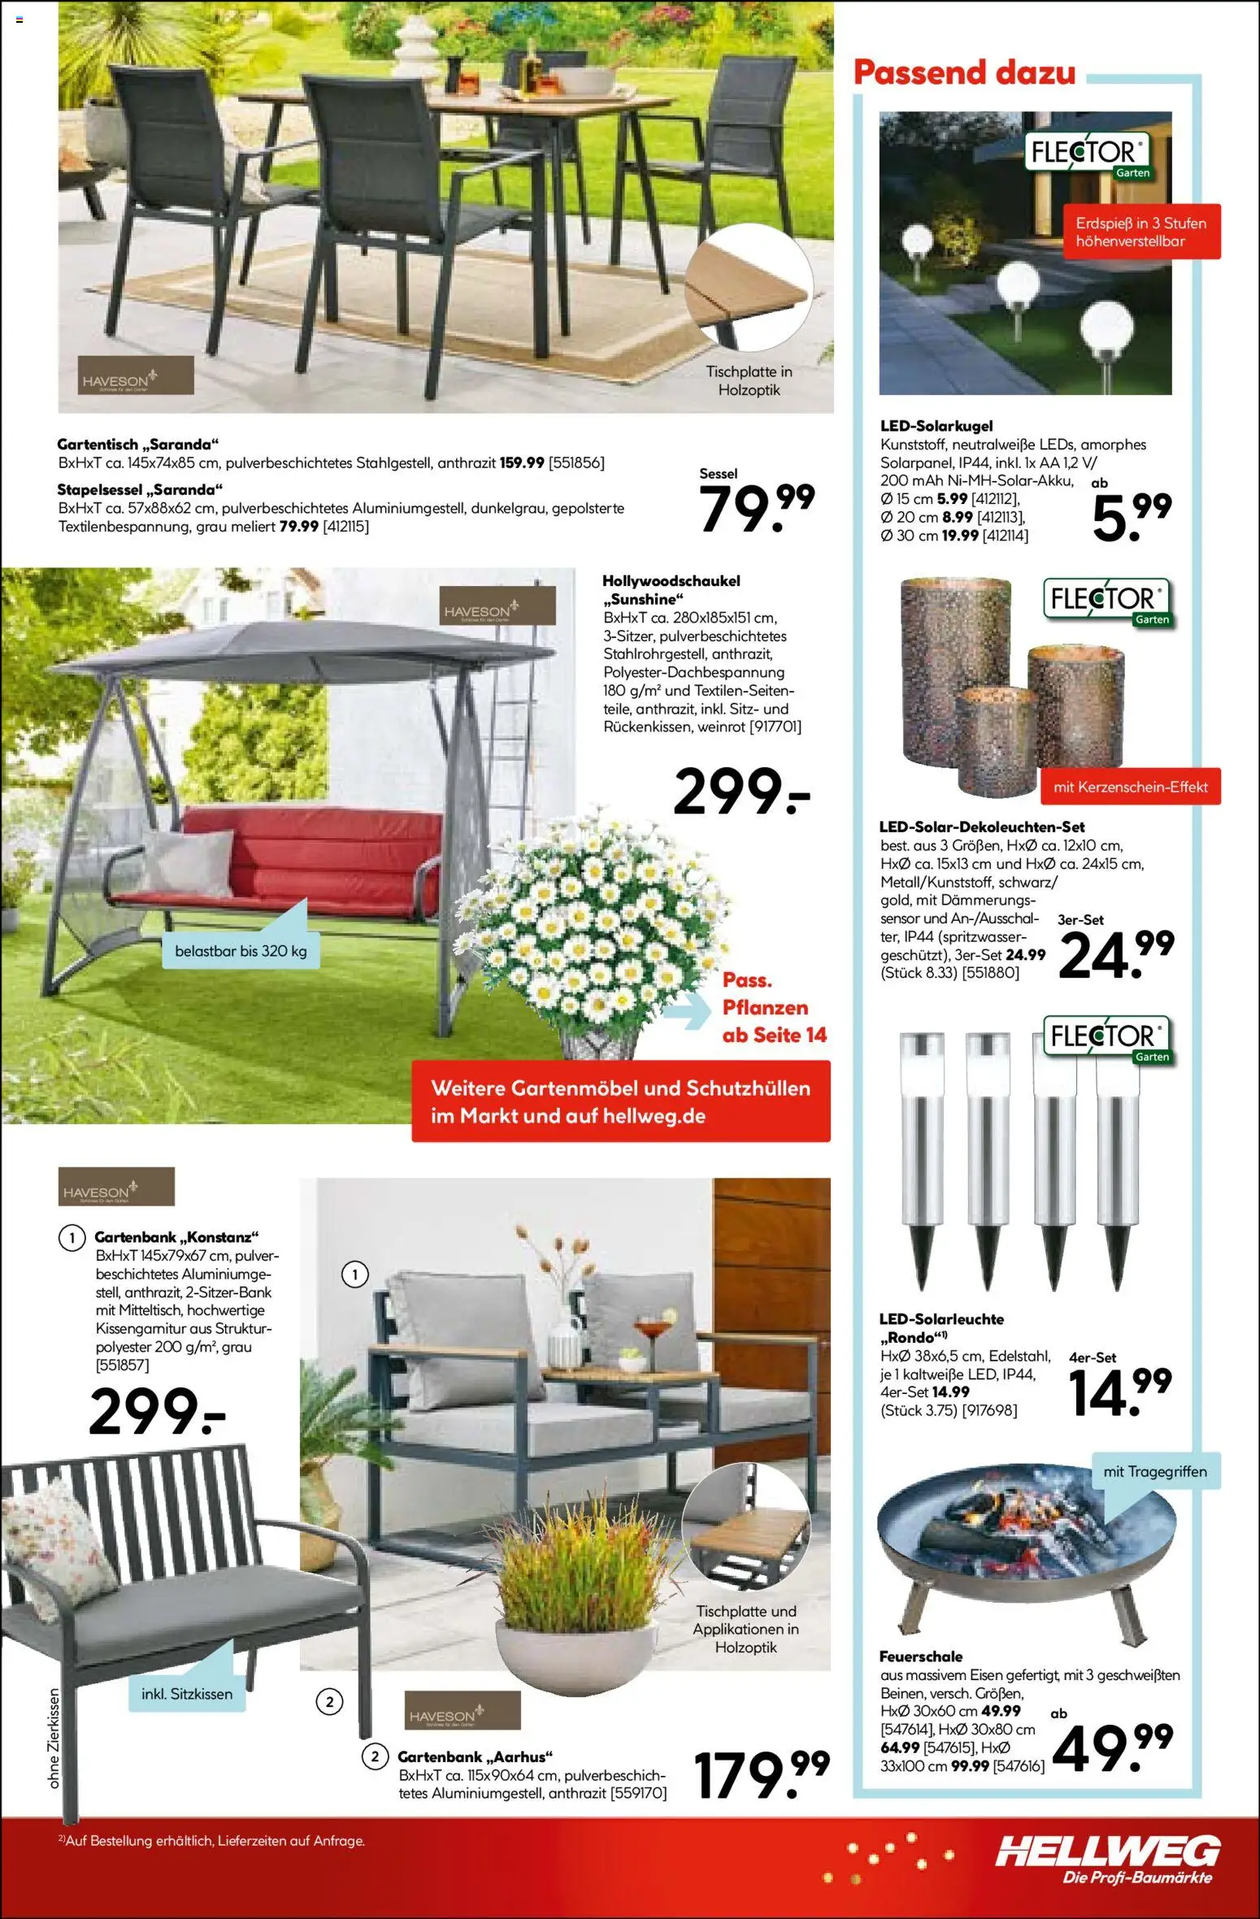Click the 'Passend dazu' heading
point(964,73)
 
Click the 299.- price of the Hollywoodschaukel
point(741,792)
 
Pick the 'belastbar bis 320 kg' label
point(241,951)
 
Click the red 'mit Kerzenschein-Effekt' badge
point(1130,787)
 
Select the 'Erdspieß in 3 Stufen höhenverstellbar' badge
point(1141,232)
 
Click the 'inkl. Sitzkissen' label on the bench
point(187,1694)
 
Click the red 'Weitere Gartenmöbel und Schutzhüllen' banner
point(620,1101)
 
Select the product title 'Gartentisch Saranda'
point(138,445)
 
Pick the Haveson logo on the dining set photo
point(136,376)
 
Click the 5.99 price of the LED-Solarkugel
point(1131,515)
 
